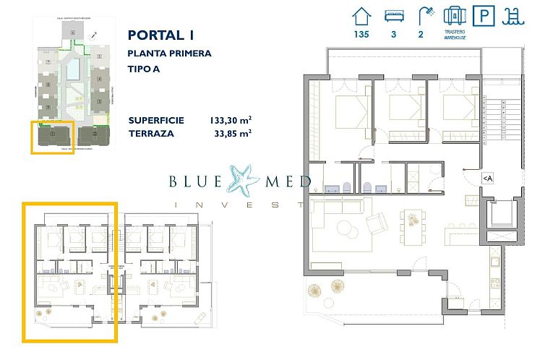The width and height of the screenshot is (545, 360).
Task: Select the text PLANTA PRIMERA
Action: (169, 53)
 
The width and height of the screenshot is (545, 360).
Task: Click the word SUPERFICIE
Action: (155, 120)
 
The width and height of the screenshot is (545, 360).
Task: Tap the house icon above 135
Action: (361, 15)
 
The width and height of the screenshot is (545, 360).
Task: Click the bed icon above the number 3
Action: (393, 15)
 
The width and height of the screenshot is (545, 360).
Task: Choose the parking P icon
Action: (482, 15)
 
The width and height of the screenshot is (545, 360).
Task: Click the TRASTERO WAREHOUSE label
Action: (454, 35)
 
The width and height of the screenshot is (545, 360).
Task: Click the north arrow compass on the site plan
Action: (94, 35)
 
